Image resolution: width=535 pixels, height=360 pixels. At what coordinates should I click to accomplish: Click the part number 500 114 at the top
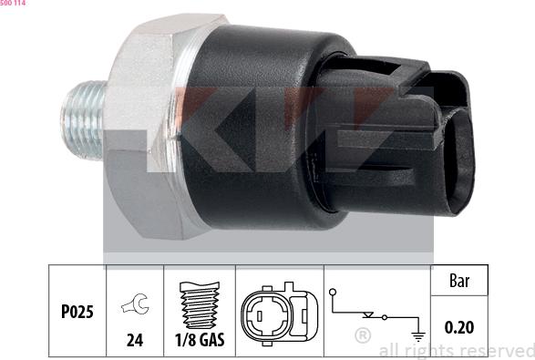point(13,3)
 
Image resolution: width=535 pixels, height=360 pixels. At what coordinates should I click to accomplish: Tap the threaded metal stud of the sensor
point(83,120)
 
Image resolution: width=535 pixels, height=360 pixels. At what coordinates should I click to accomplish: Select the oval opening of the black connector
point(458,160)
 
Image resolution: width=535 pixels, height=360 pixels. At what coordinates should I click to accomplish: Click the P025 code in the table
point(77,312)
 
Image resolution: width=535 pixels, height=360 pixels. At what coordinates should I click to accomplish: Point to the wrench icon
point(135,303)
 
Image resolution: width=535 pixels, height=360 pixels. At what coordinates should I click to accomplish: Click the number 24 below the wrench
point(135,340)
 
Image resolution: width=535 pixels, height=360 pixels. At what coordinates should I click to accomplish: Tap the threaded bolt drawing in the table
point(200,305)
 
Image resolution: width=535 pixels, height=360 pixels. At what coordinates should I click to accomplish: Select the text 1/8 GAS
point(200,340)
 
